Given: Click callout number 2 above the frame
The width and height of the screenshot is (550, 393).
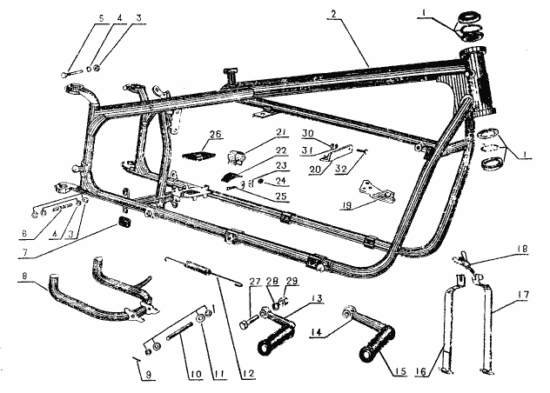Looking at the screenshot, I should [x=334, y=14].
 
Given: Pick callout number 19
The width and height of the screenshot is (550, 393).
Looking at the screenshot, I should [x=345, y=209].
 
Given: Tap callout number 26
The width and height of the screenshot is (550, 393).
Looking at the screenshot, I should [x=215, y=135].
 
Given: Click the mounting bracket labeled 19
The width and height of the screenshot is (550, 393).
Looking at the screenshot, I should [x=371, y=190].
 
